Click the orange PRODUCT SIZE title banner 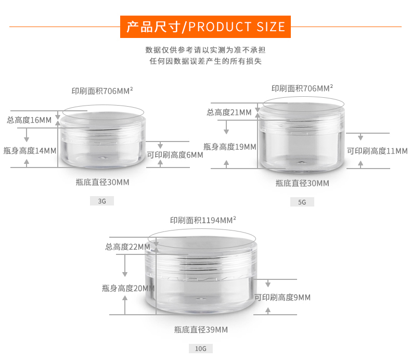coord(205,27)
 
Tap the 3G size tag coord(101,201)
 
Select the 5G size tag coord(302,202)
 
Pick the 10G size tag coord(200,349)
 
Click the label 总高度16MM coord(29,120)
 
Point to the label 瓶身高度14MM coord(30,151)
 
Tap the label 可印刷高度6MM coord(175,155)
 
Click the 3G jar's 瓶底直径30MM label coord(102,182)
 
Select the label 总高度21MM coord(229,112)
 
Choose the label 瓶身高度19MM coord(229,147)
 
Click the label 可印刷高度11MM coord(377,151)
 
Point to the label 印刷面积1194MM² coord(203,220)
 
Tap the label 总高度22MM coord(127,247)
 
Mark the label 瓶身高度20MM coord(128,288)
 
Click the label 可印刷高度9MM coord(282,298)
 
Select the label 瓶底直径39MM coord(201,330)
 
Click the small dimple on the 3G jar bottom coord(102,158)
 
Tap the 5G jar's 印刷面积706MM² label coord(302,88)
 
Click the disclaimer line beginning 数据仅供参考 coord(205,50)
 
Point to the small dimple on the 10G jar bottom coord(200,299)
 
